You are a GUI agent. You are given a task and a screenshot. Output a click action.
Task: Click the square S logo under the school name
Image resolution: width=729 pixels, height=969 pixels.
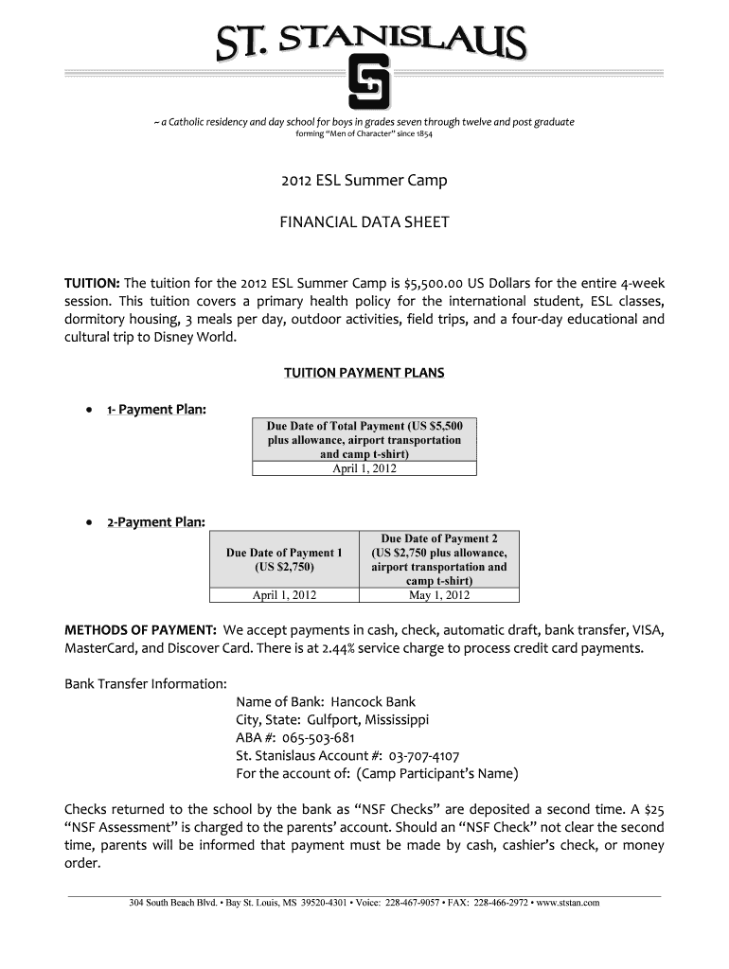point(365,84)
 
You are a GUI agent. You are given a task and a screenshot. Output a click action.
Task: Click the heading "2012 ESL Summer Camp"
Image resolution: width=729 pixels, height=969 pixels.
point(364,180)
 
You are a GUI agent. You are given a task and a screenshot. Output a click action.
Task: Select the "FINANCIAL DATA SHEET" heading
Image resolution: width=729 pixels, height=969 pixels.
point(364,223)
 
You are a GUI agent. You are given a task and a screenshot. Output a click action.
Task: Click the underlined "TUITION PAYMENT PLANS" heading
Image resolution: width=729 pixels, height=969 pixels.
point(364,373)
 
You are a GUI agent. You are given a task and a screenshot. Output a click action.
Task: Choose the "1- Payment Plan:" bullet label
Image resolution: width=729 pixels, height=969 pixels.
point(156,409)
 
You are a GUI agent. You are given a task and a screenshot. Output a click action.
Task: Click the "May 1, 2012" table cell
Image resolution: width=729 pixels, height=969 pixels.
point(439,595)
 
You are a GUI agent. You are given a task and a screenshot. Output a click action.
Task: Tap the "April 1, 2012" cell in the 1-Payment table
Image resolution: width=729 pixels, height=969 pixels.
point(364,468)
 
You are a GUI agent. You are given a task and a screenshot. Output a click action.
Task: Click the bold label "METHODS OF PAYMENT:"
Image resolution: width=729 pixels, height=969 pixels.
point(140,630)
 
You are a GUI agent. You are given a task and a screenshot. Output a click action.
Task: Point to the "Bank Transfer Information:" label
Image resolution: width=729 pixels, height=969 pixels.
point(145,683)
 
